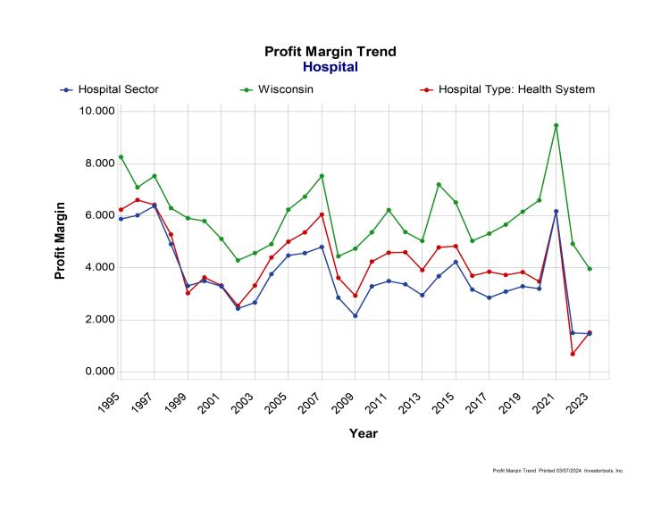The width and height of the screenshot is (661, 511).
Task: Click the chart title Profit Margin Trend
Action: (x=330, y=52)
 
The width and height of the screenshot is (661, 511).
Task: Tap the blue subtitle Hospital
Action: (x=330, y=67)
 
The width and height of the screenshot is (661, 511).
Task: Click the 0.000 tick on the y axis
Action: (x=97, y=372)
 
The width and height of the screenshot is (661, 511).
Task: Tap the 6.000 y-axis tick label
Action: (x=97, y=215)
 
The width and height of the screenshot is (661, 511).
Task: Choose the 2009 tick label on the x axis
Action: (x=347, y=400)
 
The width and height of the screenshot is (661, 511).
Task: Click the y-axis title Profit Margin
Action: (x=61, y=240)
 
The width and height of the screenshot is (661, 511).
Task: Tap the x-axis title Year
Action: (x=363, y=433)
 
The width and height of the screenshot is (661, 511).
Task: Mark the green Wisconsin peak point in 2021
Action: (x=556, y=125)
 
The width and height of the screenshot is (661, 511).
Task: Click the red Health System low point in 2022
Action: (x=573, y=354)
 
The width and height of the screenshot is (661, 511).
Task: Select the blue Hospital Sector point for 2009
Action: (x=355, y=315)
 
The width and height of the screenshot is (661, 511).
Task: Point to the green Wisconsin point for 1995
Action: (x=121, y=157)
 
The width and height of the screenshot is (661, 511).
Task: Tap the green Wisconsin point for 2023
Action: (x=590, y=268)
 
